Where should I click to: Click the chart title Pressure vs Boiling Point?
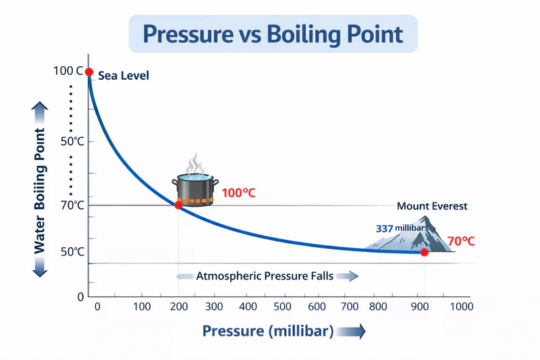273,34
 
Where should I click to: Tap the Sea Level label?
124,76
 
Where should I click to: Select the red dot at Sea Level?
89,72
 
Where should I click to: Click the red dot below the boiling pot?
178,205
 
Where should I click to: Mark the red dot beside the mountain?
424,252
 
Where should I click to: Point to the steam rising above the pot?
196,163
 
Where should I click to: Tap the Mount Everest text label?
432,206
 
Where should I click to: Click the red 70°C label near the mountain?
461,240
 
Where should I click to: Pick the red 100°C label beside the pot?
239,193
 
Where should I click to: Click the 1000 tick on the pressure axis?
461,307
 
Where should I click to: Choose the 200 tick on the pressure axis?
178,307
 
